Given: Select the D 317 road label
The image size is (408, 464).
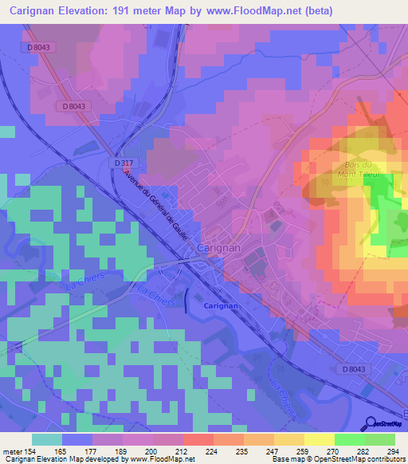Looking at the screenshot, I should (122, 163).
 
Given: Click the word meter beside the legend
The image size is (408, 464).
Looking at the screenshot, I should (13, 451).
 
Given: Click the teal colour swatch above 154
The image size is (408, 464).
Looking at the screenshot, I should (47, 439).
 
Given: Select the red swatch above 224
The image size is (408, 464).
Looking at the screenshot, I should (198, 439).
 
